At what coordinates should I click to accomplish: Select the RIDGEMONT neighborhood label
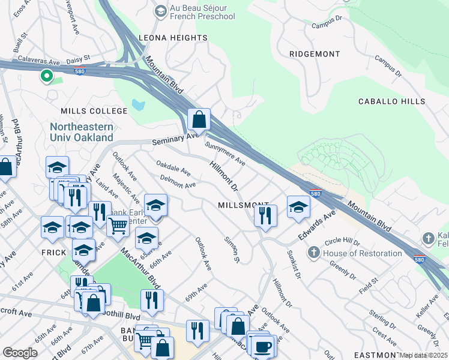click(x=315, y=54)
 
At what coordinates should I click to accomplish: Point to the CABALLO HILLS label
click(x=391, y=102)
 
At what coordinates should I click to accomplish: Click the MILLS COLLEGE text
click(x=94, y=111)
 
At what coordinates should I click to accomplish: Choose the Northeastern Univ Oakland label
click(x=82, y=132)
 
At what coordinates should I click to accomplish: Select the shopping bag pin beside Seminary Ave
click(x=199, y=119)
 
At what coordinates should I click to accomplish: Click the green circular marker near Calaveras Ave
click(x=46, y=76)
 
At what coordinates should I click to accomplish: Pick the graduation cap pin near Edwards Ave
click(x=298, y=207)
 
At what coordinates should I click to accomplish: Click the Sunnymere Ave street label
click(x=225, y=154)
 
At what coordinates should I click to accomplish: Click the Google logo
click(x=20, y=353)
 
